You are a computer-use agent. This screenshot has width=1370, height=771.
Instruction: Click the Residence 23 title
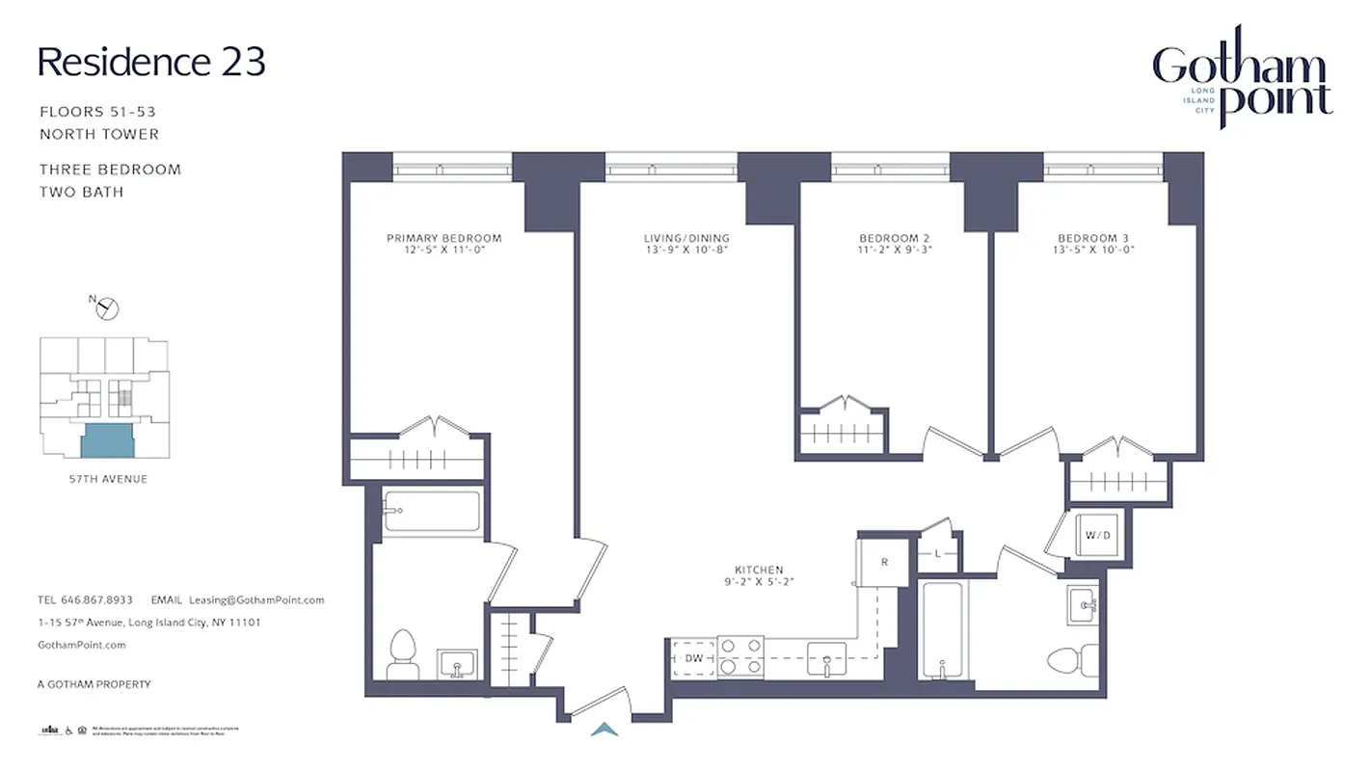[x=151, y=63]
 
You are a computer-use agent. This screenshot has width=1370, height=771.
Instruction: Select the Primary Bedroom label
[x=443, y=238]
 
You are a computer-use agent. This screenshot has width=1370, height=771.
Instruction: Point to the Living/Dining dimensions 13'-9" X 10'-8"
[x=686, y=250]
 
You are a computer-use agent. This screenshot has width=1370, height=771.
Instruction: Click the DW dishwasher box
[x=694, y=658]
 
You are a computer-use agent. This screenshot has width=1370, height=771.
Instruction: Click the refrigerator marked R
[x=883, y=563]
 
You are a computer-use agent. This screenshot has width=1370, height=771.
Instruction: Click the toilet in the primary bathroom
[x=400, y=655]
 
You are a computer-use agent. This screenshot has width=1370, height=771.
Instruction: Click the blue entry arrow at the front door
[x=604, y=731]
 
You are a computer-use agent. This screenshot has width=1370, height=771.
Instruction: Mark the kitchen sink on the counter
[x=826, y=657]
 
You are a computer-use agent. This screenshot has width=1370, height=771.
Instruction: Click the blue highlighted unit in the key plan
[x=107, y=441]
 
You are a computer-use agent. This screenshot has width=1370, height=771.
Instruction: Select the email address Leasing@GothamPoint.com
[x=256, y=599]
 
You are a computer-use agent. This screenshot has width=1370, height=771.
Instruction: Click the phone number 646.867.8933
[x=97, y=599]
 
